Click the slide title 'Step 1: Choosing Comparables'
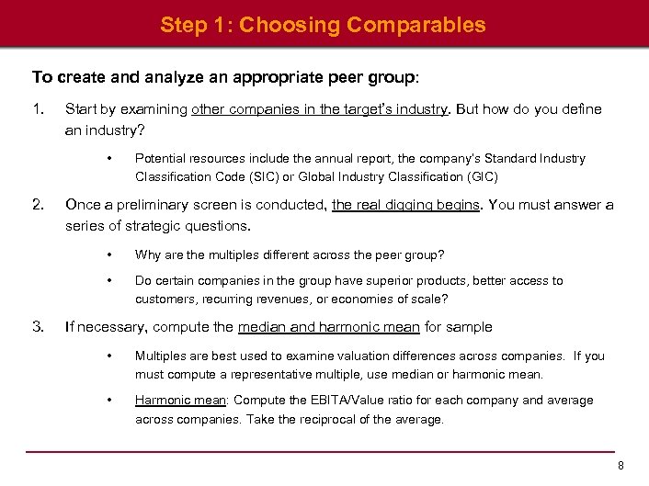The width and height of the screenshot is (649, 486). (x=323, y=25)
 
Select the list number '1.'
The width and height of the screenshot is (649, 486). (x=38, y=109)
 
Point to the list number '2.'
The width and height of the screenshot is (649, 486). (x=38, y=205)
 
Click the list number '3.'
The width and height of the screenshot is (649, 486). (x=38, y=326)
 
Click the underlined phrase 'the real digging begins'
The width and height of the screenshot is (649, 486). (x=405, y=205)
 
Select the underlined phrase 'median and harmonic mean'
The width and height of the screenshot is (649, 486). (x=328, y=326)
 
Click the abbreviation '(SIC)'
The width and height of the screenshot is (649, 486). (x=269, y=176)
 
